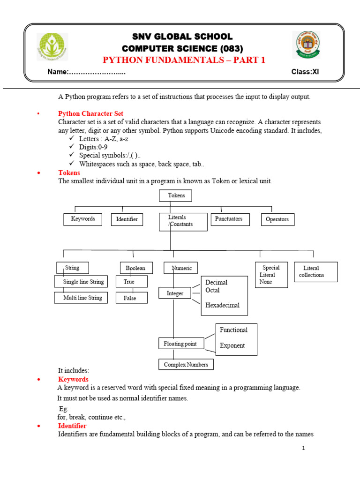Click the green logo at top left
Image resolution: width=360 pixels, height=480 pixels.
click(52, 46)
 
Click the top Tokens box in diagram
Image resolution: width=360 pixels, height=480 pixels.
click(175, 195)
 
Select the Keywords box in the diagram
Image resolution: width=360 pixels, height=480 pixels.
click(83, 219)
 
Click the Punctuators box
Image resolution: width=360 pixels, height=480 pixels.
click(229, 219)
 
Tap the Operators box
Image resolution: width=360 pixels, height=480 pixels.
click(277, 219)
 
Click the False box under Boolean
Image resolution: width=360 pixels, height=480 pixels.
click(131, 298)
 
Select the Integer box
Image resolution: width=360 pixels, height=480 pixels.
click(174, 293)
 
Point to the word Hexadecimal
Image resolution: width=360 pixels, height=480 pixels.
click(222, 305)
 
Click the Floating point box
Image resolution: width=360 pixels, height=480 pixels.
click(180, 344)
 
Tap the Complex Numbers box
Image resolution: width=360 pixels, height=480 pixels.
click(186, 364)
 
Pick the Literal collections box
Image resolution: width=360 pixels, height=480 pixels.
click(315, 271)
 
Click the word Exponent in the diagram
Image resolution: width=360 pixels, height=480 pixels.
click(232, 345)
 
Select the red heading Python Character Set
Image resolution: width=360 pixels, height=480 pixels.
click(90, 113)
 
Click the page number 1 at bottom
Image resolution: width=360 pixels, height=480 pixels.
click(304, 448)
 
